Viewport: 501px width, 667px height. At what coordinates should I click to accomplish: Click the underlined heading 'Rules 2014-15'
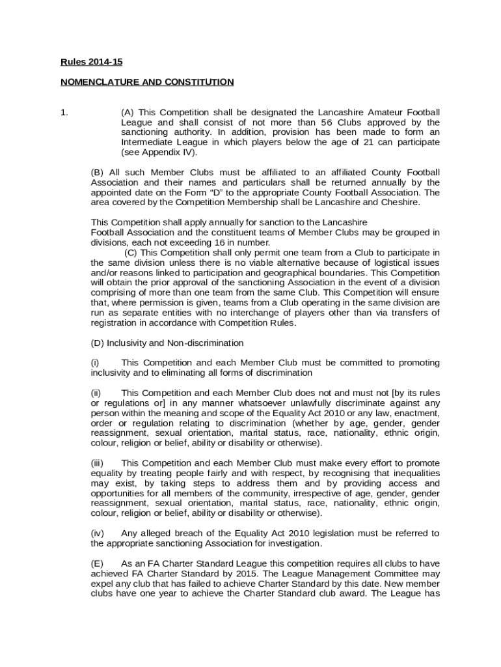click(92, 63)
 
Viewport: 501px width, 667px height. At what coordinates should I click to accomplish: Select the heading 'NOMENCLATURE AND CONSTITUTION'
click(147, 82)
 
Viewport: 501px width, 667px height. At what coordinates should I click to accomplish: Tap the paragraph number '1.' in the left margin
click(64, 113)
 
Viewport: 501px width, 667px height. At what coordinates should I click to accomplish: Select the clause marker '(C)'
click(131, 252)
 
